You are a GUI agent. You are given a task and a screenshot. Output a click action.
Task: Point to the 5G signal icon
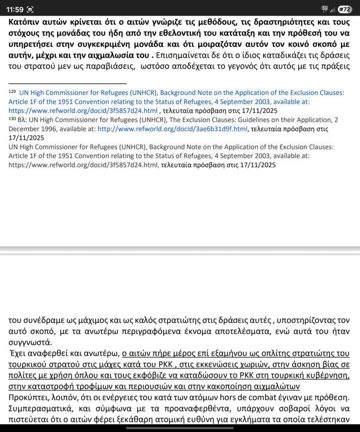click(325, 8)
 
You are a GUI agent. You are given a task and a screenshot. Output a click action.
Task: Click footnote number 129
click(12, 91)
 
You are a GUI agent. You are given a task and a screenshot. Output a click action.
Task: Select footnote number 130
click(12, 119)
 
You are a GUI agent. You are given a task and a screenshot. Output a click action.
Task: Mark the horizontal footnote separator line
click(68, 84)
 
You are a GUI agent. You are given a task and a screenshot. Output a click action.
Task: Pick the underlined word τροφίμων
click(96, 386)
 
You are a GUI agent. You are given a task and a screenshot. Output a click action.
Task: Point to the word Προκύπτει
click(27, 397)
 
